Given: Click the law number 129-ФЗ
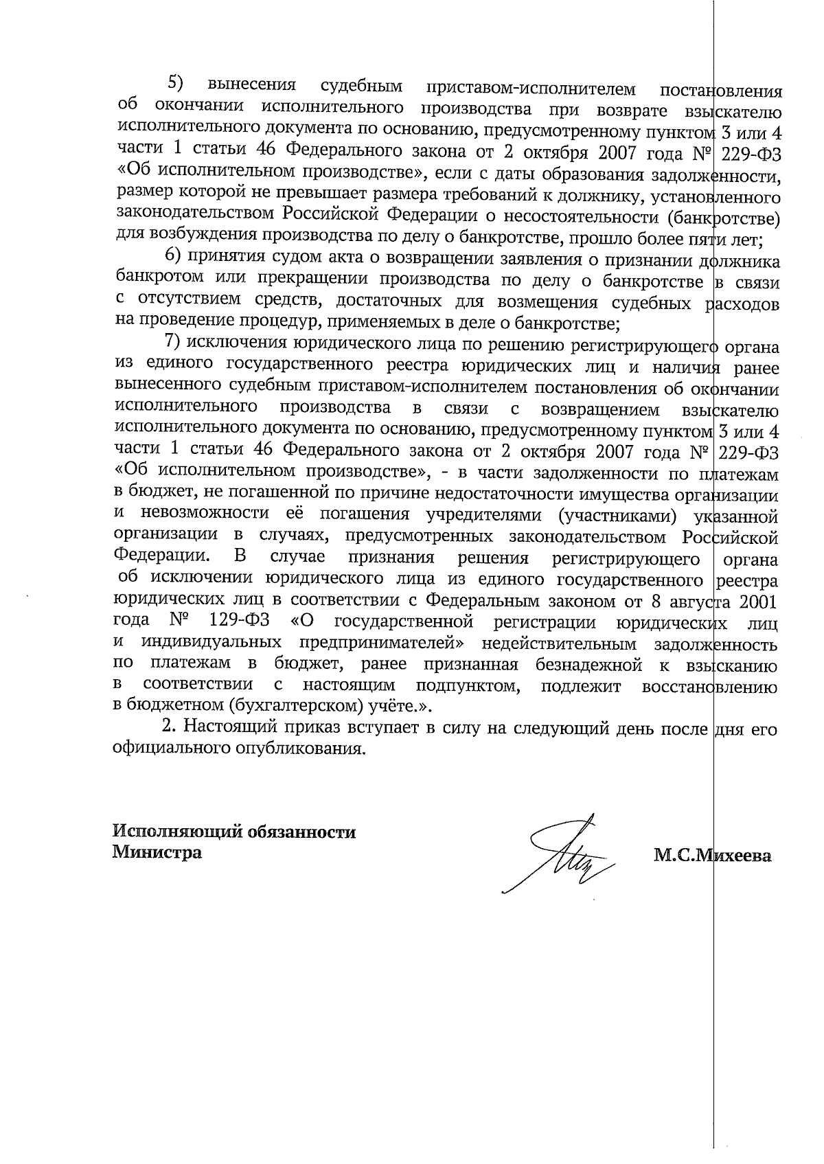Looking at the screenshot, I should (239, 622).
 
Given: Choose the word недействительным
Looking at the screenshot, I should (560, 644).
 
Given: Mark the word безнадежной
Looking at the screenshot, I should (592, 665).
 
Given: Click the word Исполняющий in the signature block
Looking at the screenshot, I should (170, 832).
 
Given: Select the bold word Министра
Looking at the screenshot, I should (157, 854).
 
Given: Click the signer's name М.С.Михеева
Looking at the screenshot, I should (713, 856).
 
